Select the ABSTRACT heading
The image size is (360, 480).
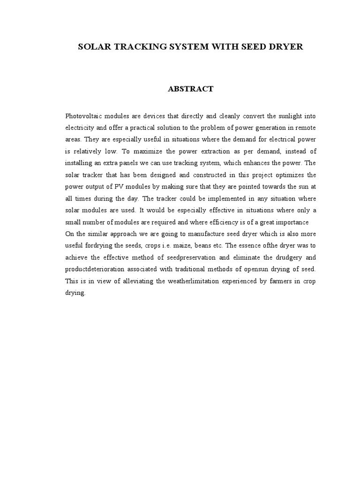pyautogui.click(x=190, y=89)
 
